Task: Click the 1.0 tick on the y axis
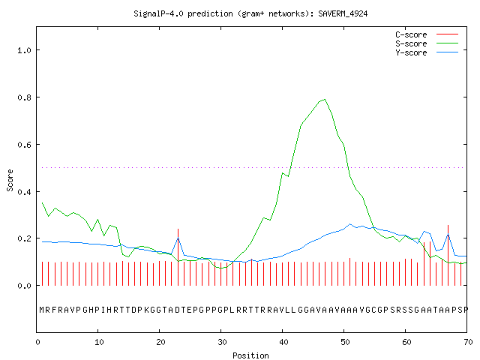click(x=24, y=50)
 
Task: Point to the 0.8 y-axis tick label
click(x=24, y=97)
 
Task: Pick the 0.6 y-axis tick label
click(x=24, y=145)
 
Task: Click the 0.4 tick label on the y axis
click(x=24, y=192)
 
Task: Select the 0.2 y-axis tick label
click(x=24, y=238)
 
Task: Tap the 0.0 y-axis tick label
click(x=24, y=286)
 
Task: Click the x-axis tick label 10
click(x=99, y=342)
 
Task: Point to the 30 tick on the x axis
click(x=222, y=342)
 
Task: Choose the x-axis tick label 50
click(x=345, y=342)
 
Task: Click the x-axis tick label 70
click(x=468, y=342)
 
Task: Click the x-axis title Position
click(x=250, y=355)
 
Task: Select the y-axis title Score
click(x=10, y=180)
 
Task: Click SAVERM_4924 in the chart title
click(x=343, y=13)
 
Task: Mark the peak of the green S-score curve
click(x=325, y=99)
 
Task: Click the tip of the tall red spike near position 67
click(x=448, y=225)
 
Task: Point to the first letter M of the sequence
click(x=42, y=310)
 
